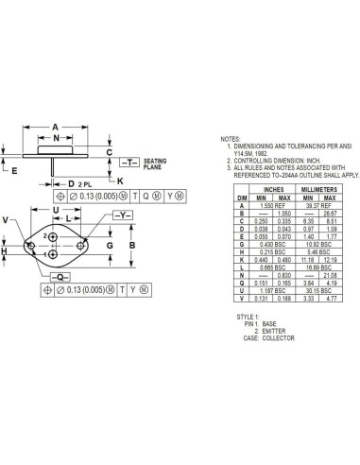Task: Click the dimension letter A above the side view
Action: coord(56,126)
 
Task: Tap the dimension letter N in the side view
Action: coord(56,138)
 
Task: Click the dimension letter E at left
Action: coord(14,171)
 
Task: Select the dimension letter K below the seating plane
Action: coord(119,180)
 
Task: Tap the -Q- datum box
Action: coord(58,276)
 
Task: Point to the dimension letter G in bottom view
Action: coord(111,245)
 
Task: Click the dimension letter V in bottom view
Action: coord(8,220)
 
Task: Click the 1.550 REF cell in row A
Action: coord(270,205)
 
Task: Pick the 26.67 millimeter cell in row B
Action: coord(330,213)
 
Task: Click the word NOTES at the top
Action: coord(231,138)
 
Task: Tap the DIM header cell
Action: coord(242,198)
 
